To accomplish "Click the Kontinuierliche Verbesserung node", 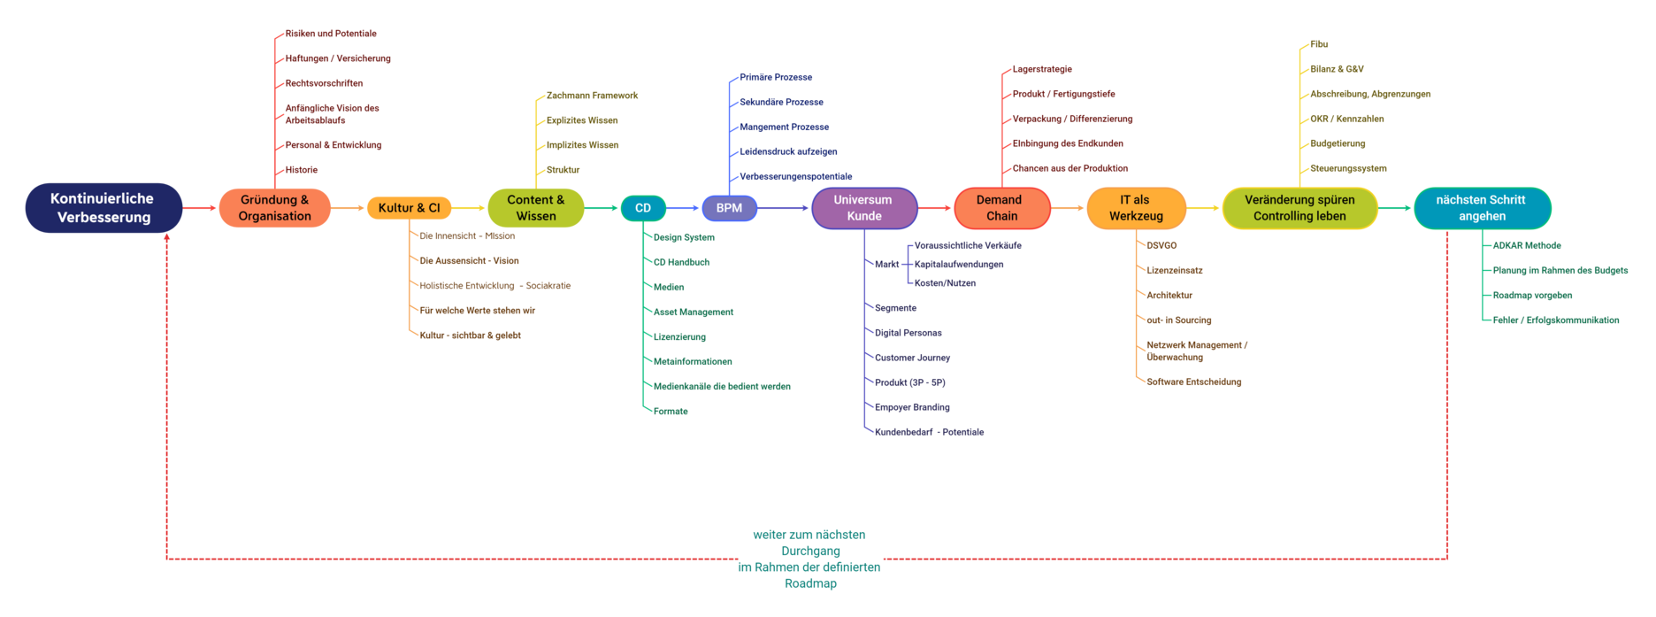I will (x=103, y=208).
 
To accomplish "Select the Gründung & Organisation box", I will (x=274, y=208).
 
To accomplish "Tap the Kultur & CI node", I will (x=409, y=208).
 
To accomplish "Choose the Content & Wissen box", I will (x=535, y=208).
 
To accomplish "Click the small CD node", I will (x=643, y=208).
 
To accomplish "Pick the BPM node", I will (x=729, y=208).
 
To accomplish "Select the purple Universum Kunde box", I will (x=863, y=208).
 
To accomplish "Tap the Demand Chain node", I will (x=1001, y=208).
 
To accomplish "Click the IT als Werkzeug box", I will (x=1136, y=208).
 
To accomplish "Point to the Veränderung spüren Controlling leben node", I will (x=1299, y=208).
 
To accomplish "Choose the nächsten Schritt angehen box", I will (x=1482, y=208).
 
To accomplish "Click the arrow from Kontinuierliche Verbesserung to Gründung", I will (x=201, y=208).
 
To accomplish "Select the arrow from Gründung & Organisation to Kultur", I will (x=349, y=208).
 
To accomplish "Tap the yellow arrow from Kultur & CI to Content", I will (x=470, y=208).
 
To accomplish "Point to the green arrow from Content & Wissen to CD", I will (x=602, y=208).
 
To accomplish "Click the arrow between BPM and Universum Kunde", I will (x=784, y=208).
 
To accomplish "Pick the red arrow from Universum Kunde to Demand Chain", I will (x=936, y=208).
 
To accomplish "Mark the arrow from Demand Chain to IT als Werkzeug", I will (x=1069, y=208).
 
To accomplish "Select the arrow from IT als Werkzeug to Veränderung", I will (x=1204, y=208).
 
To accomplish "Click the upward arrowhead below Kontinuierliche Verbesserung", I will (x=166, y=237).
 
